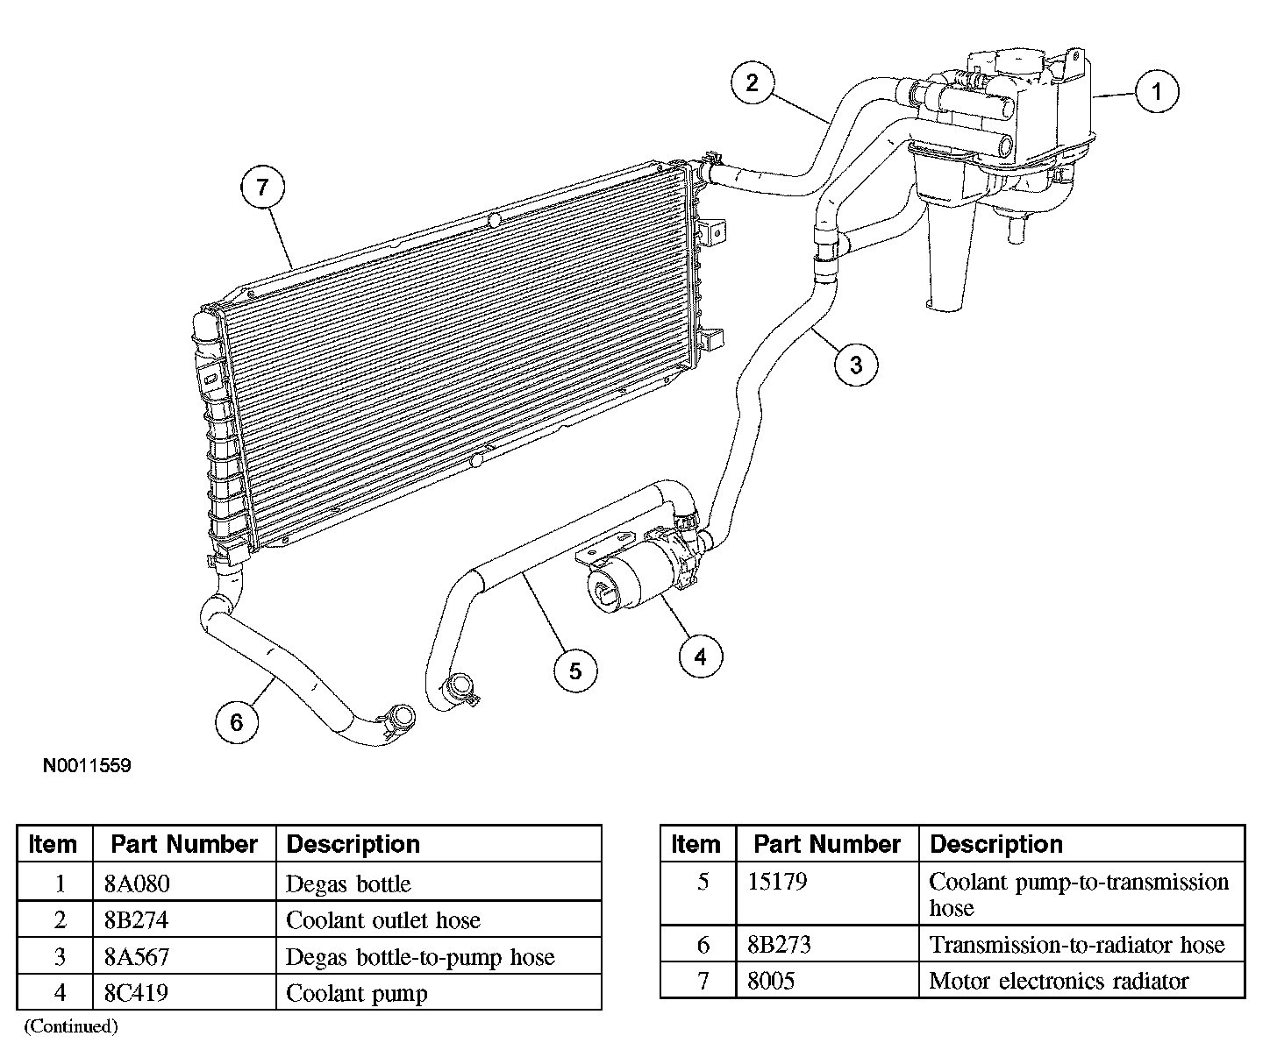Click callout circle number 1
(x=1157, y=92)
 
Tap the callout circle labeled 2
(x=753, y=83)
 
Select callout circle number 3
(x=856, y=364)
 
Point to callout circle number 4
(x=700, y=656)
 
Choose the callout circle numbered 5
(x=575, y=670)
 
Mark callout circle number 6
(x=237, y=722)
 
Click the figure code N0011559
(x=87, y=766)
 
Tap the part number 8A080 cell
(x=136, y=883)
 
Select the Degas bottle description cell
(x=348, y=883)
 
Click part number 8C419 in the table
(x=136, y=993)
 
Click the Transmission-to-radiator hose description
(x=1076, y=945)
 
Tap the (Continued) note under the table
(x=70, y=1025)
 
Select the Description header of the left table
(x=353, y=844)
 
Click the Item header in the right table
(x=696, y=844)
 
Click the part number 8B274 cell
(x=136, y=920)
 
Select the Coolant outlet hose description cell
(x=383, y=920)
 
